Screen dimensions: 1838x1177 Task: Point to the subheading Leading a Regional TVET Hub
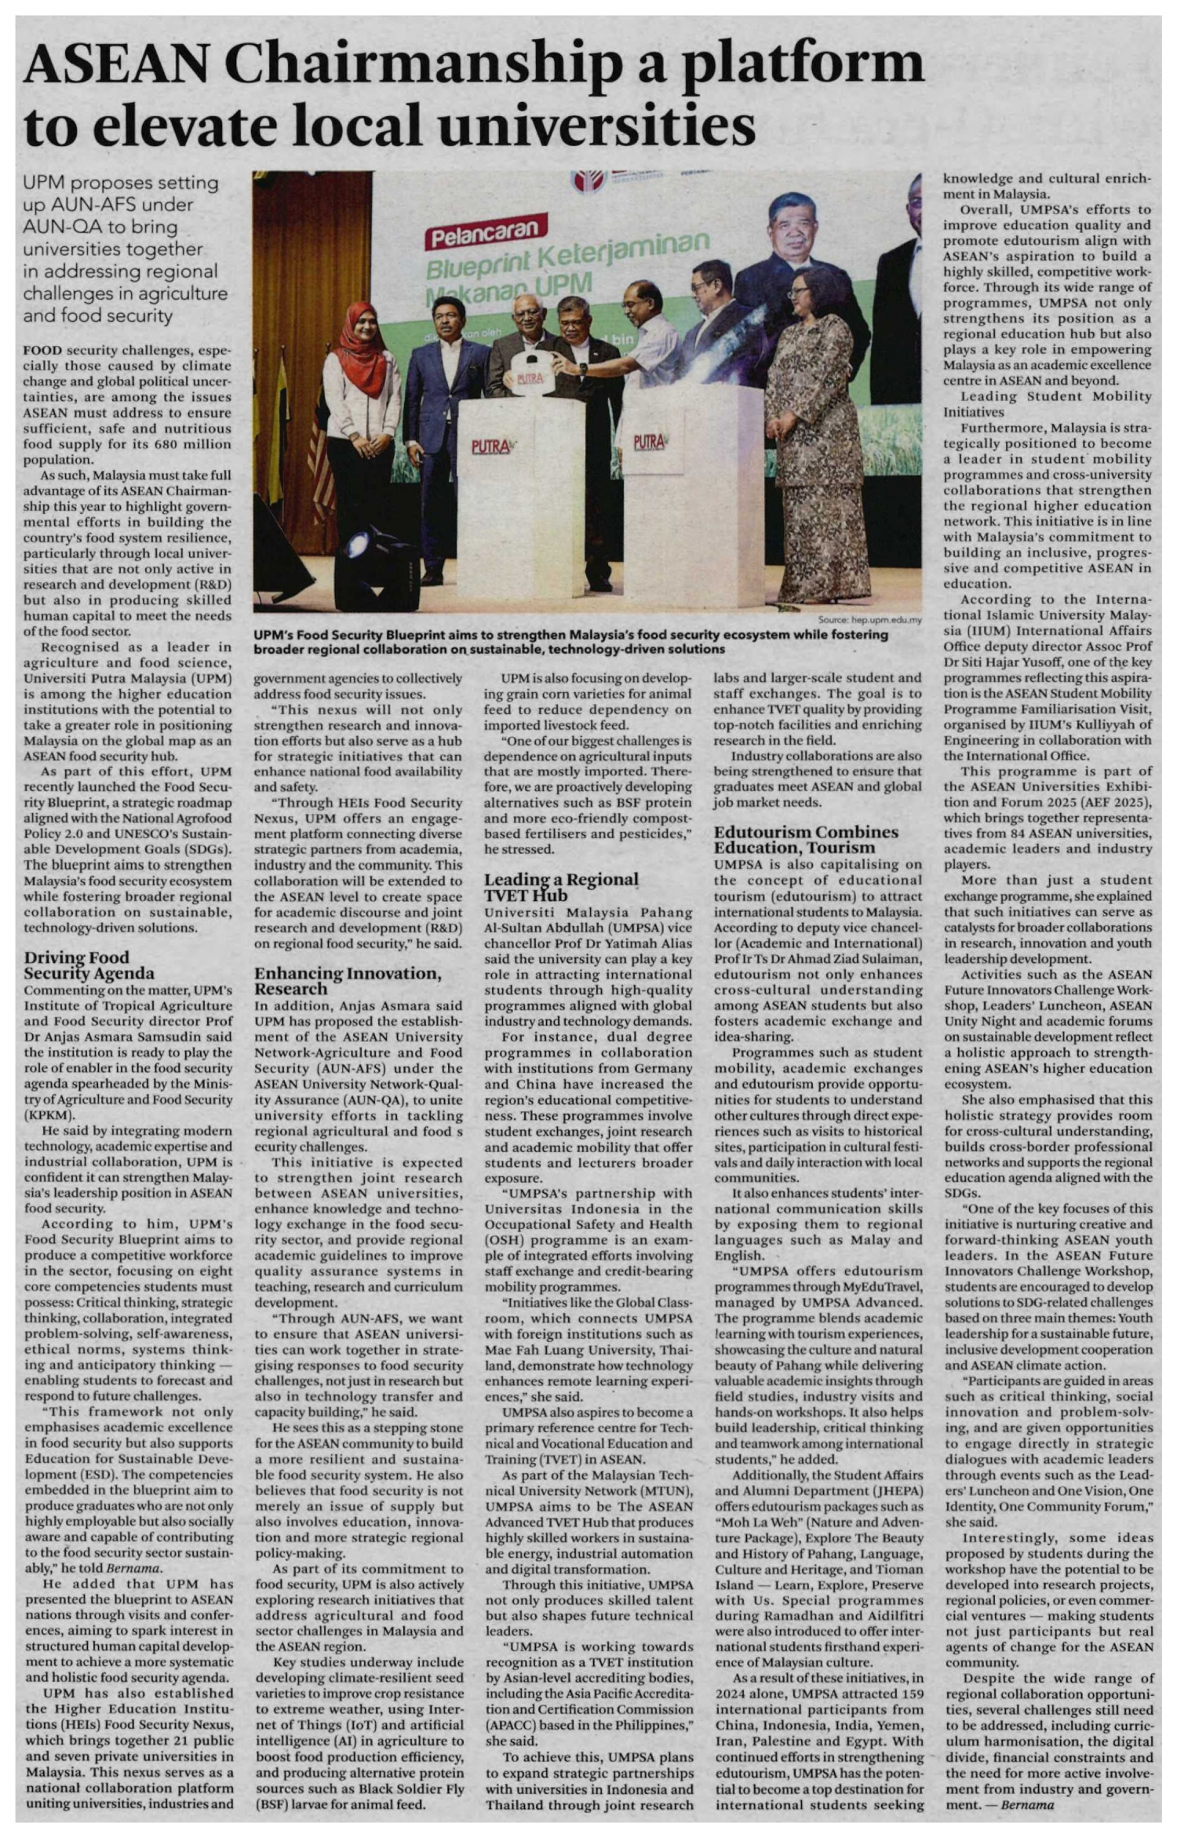click(x=561, y=887)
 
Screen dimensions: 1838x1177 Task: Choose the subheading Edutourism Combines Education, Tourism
click(x=806, y=839)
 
